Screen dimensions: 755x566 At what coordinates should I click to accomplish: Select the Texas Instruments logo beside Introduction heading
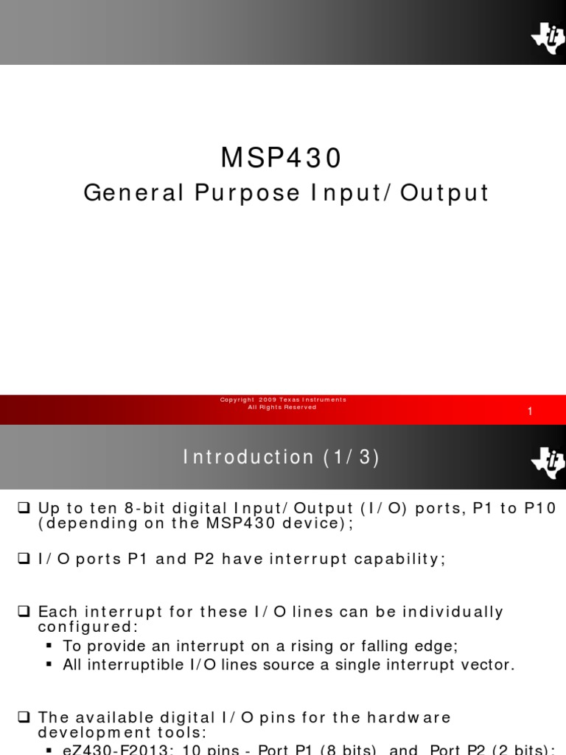[547, 462]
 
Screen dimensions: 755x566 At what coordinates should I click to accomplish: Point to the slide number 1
[530, 412]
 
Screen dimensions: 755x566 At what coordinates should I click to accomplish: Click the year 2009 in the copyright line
[268, 400]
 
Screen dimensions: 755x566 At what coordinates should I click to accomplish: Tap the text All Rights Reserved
[282, 407]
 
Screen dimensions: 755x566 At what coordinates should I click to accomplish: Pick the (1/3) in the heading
[352, 458]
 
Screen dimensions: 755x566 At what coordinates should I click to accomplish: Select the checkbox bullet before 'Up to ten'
[22, 509]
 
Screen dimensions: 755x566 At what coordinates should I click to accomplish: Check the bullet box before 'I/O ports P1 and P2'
[22, 559]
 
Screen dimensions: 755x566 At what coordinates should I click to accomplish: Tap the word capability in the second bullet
[401, 559]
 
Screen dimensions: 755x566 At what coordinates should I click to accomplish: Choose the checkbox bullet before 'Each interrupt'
[22, 611]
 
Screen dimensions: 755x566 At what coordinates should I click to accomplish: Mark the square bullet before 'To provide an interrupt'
[50, 646]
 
